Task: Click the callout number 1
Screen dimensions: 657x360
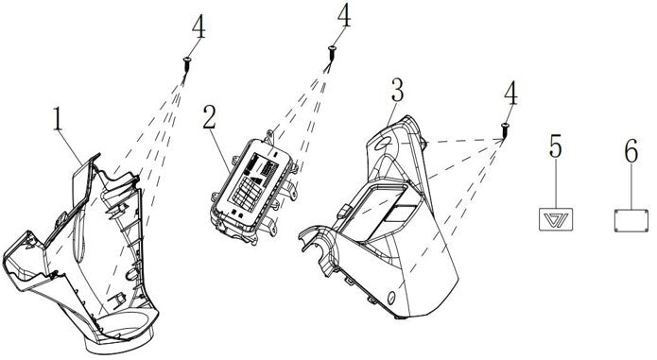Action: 58,118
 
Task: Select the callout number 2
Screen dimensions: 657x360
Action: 210,117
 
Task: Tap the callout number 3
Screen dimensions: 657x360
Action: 396,90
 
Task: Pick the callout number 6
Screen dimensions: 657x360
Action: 631,150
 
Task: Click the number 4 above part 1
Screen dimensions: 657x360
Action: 199,28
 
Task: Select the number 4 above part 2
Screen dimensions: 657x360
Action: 344,16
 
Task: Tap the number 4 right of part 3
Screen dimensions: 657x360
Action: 510,94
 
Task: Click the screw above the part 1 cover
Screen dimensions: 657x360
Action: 186,65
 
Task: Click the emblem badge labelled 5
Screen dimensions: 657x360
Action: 556,219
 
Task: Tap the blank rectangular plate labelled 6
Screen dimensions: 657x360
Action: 631,220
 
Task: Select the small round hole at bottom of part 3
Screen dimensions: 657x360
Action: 391,298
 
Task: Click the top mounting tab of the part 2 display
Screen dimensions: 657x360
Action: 269,136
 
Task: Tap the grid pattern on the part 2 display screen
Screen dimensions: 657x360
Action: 248,191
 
